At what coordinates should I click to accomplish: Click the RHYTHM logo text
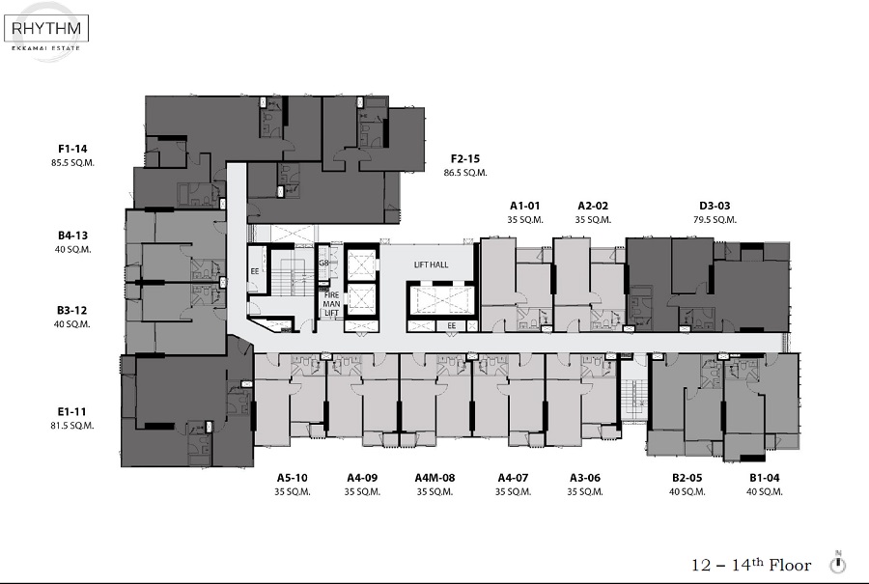click(x=46, y=28)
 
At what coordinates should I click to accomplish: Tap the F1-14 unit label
click(x=72, y=149)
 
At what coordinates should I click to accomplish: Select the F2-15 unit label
click(x=465, y=158)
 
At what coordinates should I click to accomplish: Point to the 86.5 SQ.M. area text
click(x=465, y=173)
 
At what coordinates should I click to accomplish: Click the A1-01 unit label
click(x=525, y=206)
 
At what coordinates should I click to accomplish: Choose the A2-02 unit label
click(x=593, y=206)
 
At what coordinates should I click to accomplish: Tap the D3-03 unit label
click(x=715, y=206)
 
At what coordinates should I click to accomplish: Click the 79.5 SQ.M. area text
click(x=715, y=220)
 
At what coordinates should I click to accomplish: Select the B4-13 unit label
click(x=72, y=236)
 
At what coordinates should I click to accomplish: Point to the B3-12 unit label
click(x=72, y=310)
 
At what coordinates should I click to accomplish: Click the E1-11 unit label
click(x=72, y=411)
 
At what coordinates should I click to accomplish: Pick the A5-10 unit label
click(x=292, y=478)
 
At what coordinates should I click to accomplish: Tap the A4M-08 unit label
click(x=435, y=478)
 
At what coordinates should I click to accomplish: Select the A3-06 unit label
click(x=585, y=478)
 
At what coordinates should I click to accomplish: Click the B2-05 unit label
click(x=687, y=478)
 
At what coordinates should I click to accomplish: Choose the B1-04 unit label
click(x=765, y=478)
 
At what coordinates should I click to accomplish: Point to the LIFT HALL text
click(x=432, y=264)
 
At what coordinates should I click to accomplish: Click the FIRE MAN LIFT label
click(x=331, y=304)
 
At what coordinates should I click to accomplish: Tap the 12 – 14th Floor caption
click(x=751, y=565)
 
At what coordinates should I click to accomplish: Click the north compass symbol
click(x=838, y=563)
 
